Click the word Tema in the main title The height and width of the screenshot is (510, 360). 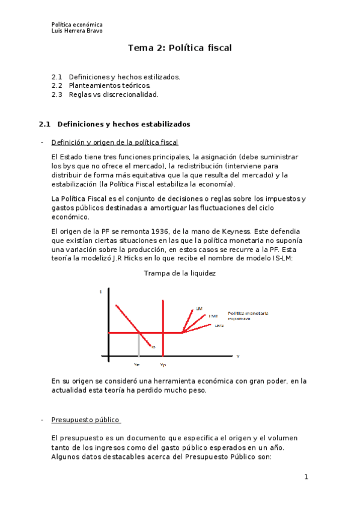[141, 48]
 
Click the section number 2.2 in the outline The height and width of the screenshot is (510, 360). [57, 86]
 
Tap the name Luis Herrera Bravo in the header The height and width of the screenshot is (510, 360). [77, 31]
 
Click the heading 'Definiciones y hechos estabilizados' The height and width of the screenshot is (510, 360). [123, 124]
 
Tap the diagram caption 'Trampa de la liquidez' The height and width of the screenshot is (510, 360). [180, 273]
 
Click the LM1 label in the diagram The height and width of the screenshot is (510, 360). [213, 316]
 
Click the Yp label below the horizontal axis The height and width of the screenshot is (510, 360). [163, 364]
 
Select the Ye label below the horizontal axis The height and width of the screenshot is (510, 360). [138, 364]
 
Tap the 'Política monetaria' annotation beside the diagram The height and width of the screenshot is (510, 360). [248, 313]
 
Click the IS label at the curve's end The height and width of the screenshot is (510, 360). [153, 347]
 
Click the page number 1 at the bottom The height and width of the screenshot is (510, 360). [306, 478]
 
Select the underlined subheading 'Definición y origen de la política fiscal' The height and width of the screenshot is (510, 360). [115, 143]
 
